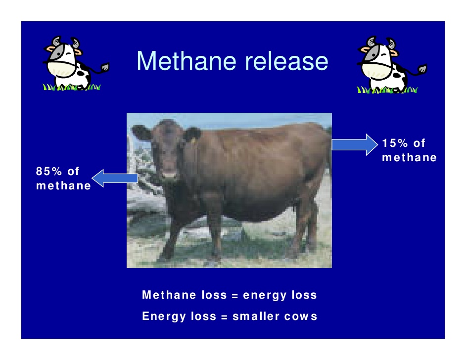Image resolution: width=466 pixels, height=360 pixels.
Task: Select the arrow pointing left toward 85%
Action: [115, 178]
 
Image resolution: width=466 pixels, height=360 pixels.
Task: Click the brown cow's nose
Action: [168, 174]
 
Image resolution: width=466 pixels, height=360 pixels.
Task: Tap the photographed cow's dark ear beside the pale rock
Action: [141, 133]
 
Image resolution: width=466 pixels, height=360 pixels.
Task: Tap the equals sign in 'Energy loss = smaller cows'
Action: [223, 316]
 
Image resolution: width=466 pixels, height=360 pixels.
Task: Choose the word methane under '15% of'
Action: [410, 158]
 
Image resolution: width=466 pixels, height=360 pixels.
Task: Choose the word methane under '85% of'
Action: [63, 186]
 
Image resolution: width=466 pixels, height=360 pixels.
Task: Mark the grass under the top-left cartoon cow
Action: [72, 88]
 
